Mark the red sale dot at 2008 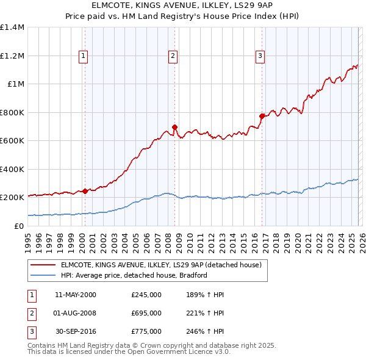pyautogui.click(x=174, y=128)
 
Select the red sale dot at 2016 pyautogui.click(x=262, y=115)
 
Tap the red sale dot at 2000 pyautogui.click(x=85, y=191)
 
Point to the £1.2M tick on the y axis pyautogui.click(x=12, y=56)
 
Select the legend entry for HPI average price pyautogui.click(x=134, y=275)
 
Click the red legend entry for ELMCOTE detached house pyautogui.click(x=161, y=265)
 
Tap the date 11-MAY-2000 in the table pyautogui.click(x=76, y=295)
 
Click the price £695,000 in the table pyautogui.click(x=146, y=313)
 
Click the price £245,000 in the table pyautogui.click(x=146, y=295)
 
